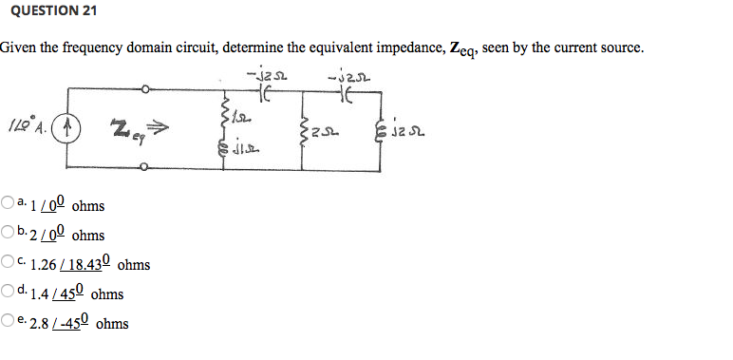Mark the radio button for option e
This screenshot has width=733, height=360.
[x=8, y=324]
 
